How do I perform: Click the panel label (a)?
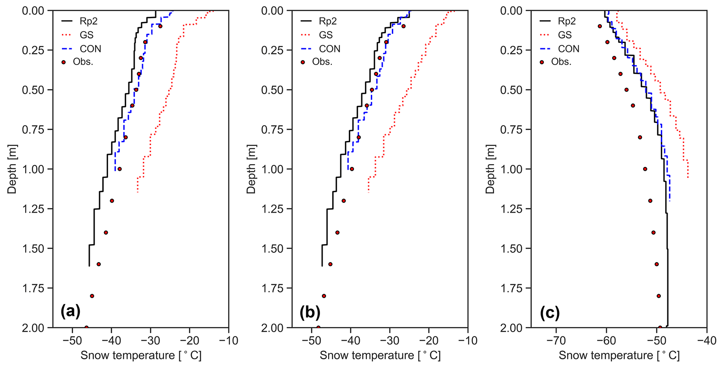70,311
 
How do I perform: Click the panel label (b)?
310,312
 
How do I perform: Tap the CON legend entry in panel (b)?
329,49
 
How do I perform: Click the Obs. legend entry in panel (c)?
561,62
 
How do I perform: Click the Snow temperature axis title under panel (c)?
619,356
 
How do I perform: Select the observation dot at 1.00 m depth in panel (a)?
119,169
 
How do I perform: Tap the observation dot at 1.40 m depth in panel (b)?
337,232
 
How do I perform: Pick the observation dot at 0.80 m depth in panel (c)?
640,137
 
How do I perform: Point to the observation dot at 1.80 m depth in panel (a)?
92,296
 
